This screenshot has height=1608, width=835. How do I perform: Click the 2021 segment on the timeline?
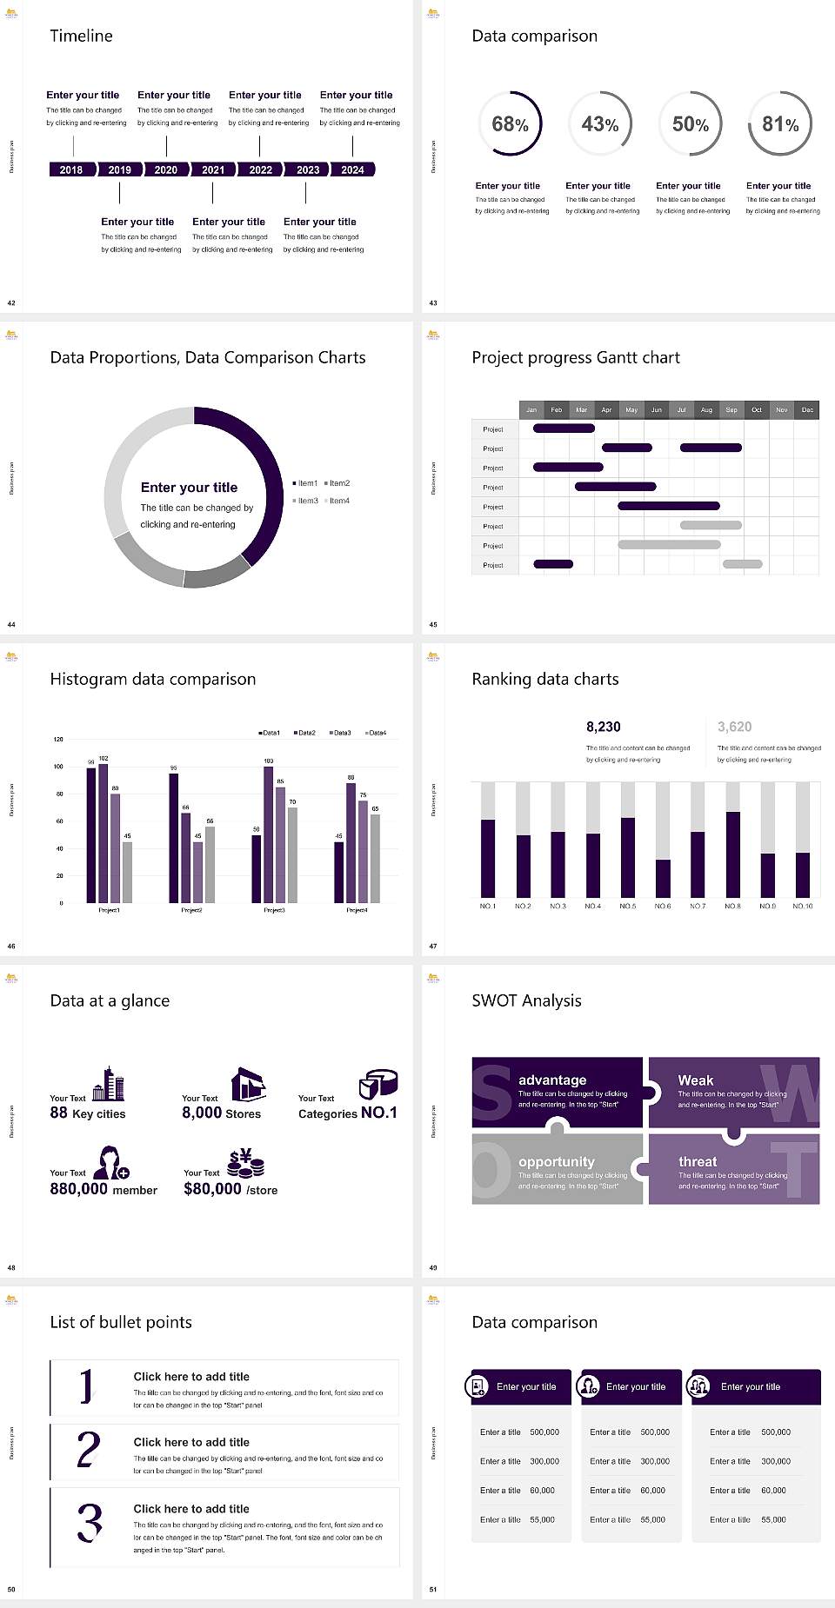point(213,169)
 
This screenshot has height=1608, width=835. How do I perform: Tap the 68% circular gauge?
point(510,123)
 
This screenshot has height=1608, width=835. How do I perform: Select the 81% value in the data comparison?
point(780,124)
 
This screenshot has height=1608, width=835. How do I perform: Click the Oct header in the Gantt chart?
point(757,409)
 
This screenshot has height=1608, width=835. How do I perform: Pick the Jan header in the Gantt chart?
point(531,409)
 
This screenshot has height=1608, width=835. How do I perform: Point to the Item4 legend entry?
point(337,501)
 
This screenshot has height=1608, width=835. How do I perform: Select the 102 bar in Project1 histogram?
point(104,831)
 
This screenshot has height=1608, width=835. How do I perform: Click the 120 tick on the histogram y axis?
point(58,740)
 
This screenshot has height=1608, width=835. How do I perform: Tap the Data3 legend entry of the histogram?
point(341,733)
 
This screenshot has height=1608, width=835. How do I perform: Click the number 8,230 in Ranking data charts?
point(604,727)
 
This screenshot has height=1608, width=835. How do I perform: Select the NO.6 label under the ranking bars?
point(663,906)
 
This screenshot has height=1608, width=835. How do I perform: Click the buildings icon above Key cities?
point(109,1084)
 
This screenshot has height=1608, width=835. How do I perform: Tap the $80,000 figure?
point(212,1189)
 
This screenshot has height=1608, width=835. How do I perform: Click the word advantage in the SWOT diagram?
point(552,1080)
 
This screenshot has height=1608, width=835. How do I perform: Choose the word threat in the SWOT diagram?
point(698,1161)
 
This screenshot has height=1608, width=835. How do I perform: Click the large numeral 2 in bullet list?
point(89,1450)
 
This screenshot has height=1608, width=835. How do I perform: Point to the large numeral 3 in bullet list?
point(90,1523)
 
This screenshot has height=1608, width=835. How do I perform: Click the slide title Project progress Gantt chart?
point(576,357)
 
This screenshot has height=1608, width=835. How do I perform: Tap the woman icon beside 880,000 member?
point(111,1162)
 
